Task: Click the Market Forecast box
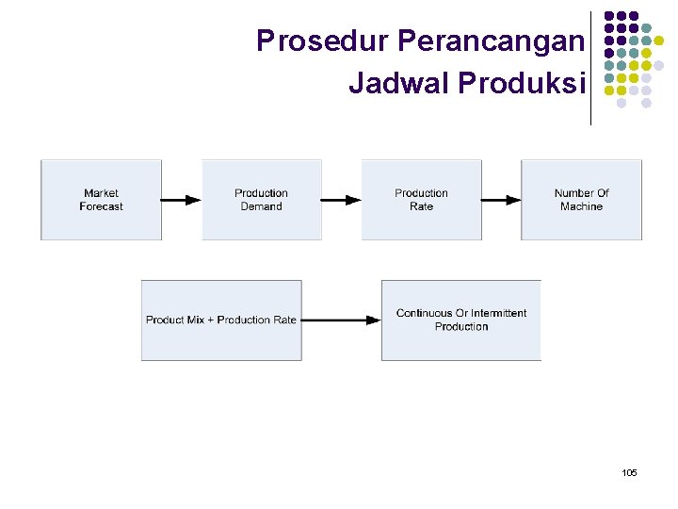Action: (x=101, y=200)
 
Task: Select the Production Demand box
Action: (x=261, y=200)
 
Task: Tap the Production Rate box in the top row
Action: (x=421, y=200)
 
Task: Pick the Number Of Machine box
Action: (x=581, y=200)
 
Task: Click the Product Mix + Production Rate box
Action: (x=221, y=320)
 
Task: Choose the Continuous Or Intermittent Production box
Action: (x=461, y=320)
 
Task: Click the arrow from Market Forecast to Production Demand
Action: (x=181, y=200)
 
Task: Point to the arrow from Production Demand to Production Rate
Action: (x=341, y=200)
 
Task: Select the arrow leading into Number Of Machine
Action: (x=501, y=200)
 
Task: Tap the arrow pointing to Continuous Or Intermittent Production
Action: (x=341, y=320)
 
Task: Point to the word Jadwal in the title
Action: (x=399, y=83)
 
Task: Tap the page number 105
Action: (x=629, y=471)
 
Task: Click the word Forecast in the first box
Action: (x=101, y=206)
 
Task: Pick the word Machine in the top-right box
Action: (x=581, y=206)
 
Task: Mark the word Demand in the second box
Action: (x=261, y=206)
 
